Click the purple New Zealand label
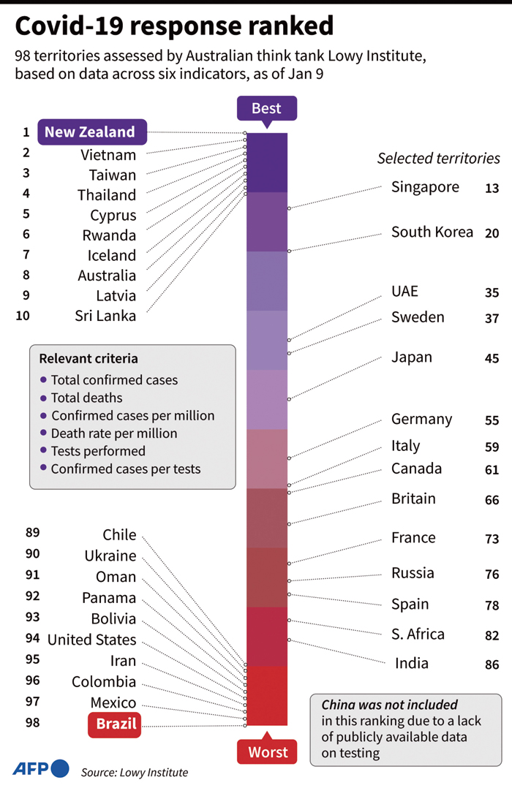tap(91, 132)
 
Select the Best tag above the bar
tap(266, 109)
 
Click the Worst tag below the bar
tap(267, 752)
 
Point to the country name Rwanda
tap(110, 235)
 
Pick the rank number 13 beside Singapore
tap(492, 189)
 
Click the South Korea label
tap(432, 232)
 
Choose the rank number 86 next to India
tap(492, 665)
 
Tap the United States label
tap(91, 640)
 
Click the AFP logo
tap(41, 768)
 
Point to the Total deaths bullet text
tap(86, 398)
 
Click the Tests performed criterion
tap(98, 451)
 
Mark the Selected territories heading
tap(438, 159)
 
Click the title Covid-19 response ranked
tap(174, 26)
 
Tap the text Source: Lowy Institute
tap(135, 772)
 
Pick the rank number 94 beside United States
tap(32, 638)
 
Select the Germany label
tap(421, 420)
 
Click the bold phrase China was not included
tap(390, 705)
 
